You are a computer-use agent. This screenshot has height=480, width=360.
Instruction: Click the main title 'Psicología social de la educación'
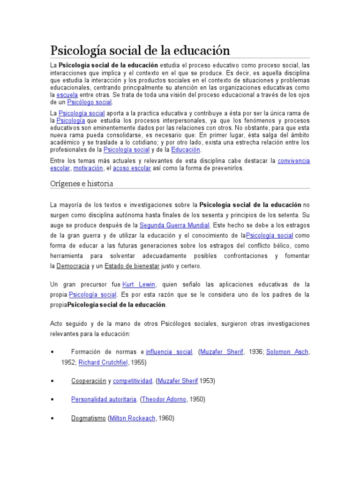pos(141,50)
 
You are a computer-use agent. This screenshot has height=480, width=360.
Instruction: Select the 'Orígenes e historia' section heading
pos(82,183)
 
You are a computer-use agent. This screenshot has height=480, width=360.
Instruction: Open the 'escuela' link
pos(67,94)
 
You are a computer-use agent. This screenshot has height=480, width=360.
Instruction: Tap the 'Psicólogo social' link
pos(90,102)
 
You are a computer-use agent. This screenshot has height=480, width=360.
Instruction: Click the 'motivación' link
pos(88,168)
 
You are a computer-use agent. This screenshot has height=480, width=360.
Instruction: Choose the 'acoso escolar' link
pos(132,168)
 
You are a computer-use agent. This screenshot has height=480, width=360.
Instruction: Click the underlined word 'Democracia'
pos(73,266)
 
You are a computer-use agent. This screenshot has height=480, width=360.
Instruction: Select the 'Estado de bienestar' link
pos(132,266)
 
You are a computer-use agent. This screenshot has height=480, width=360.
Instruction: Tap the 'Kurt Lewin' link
pos(139,285)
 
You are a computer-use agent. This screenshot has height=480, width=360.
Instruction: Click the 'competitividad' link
pos(133,381)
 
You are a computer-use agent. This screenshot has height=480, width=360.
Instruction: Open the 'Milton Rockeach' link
pos(132,418)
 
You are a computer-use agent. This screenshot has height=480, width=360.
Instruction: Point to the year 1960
pos(166,418)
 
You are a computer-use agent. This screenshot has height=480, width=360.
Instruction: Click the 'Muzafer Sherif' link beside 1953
pos(178,381)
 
